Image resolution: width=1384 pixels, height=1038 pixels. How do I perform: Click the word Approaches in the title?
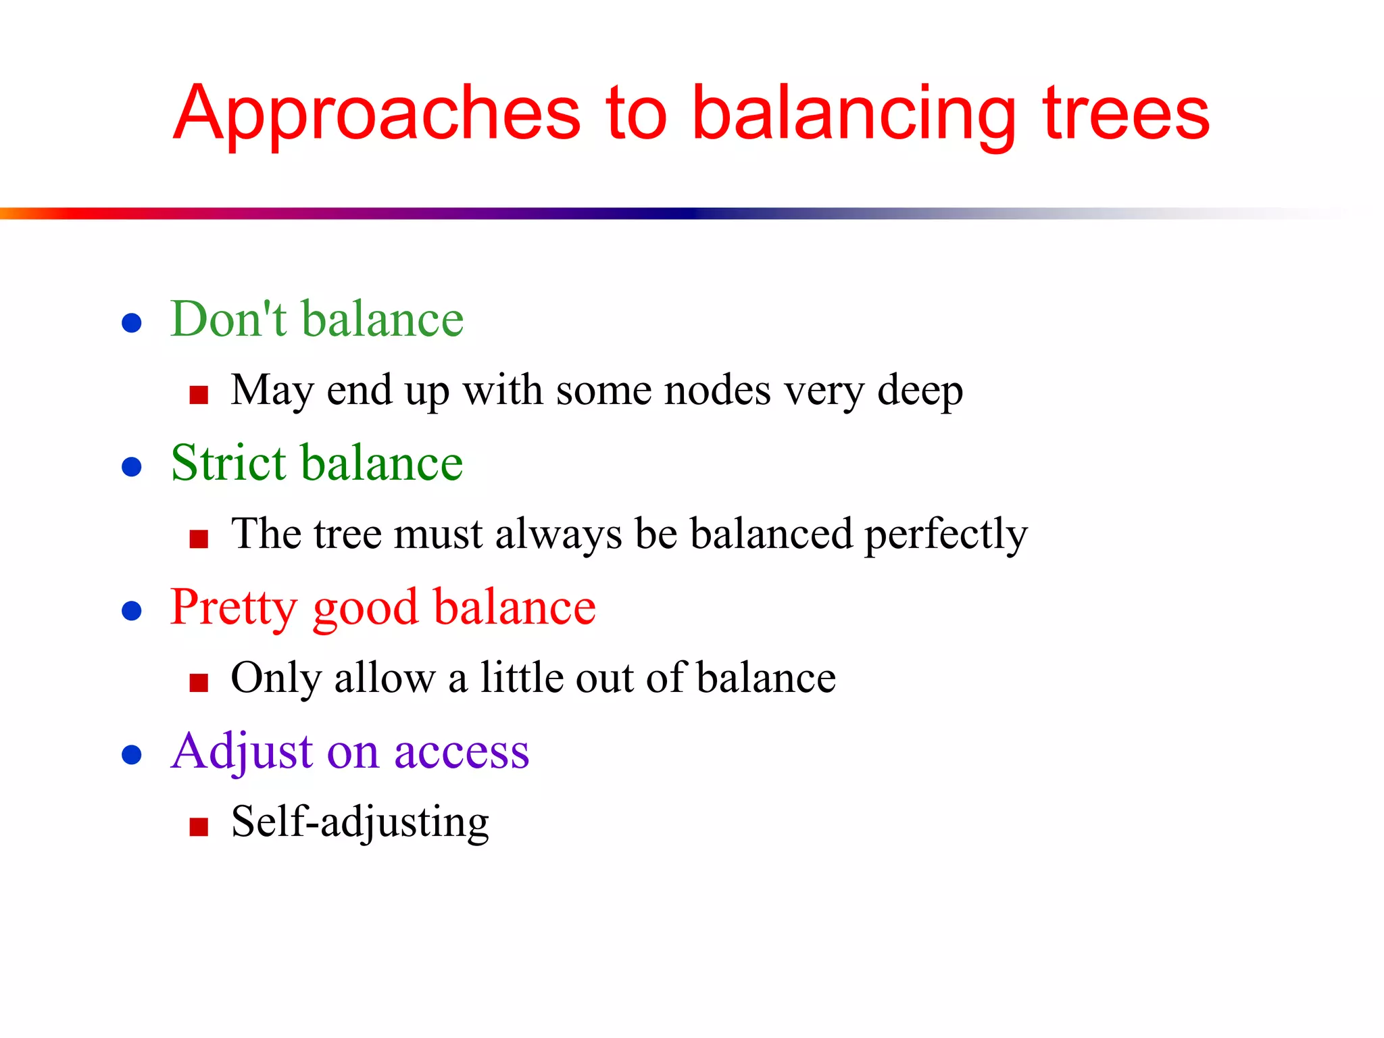coord(376,115)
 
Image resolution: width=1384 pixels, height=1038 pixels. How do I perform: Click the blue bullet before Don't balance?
coord(131,322)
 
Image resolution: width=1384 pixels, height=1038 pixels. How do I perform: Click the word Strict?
coord(229,463)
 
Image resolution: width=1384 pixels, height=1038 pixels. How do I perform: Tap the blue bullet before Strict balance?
coord(131,466)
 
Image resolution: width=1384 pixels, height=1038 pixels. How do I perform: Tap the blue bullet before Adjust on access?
coord(131,754)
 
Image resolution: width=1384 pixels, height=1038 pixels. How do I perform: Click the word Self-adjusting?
coord(360,822)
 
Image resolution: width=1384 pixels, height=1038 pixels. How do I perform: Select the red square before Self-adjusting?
coord(199,826)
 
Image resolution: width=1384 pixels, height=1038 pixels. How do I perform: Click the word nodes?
coord(717,391)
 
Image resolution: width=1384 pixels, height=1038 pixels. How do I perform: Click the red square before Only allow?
coord(199,683)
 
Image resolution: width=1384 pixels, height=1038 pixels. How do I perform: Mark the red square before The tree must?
coord(199,539)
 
